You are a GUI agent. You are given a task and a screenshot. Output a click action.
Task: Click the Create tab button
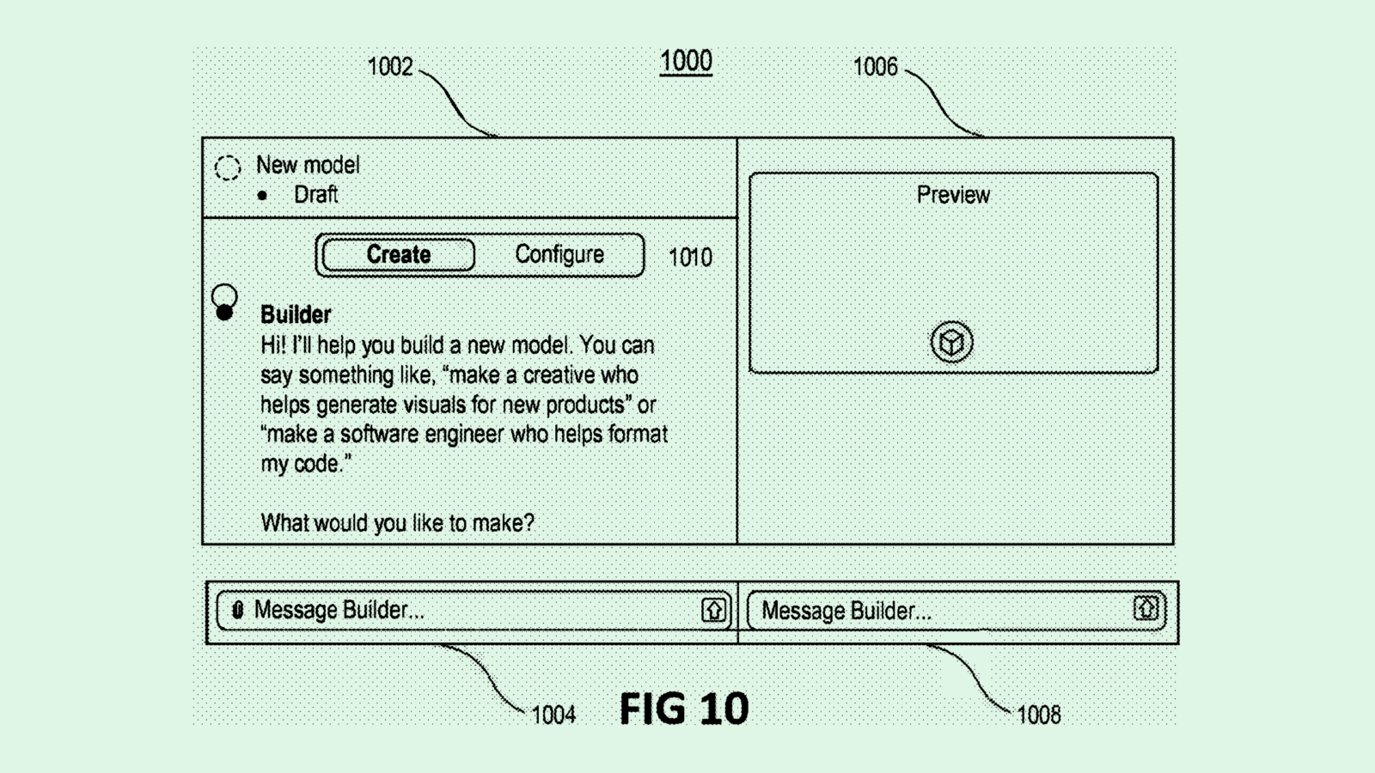point(398,255)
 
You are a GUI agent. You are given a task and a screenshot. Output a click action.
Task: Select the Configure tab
point(559,255)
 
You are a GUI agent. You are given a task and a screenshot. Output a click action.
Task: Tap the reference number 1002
point(390,67)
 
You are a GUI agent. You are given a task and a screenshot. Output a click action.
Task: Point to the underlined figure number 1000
point(686,62)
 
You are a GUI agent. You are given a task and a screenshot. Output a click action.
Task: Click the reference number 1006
point(875,67)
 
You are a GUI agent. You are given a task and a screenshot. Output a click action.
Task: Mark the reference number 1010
point(690,258)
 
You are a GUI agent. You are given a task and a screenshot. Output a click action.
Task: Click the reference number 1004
point(553,715)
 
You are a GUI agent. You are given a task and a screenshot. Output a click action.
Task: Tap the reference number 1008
point(1038,715)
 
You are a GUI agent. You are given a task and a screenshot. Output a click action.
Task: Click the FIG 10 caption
point(684,709)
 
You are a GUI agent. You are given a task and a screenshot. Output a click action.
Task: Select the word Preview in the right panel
point(953,195)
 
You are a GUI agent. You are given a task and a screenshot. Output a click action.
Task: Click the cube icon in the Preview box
point(951,342)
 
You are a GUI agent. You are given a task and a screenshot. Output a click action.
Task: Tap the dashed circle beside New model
point(228,167)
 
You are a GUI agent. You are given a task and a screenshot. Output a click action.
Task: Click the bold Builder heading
point(296,314)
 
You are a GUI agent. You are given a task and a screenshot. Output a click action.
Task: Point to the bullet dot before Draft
point(262,196)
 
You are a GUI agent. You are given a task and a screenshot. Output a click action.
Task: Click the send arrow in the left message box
point(713,610)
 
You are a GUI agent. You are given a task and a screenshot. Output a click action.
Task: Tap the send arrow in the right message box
point(1146,609)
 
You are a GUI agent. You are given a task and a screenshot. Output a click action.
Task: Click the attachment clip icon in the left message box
point(238,610)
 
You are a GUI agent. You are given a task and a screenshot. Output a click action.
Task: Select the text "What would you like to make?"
point(397,523)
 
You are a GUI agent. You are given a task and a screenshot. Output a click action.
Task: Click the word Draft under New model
point(315,195)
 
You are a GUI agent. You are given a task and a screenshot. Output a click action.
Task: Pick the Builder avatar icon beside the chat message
point(224,303)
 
